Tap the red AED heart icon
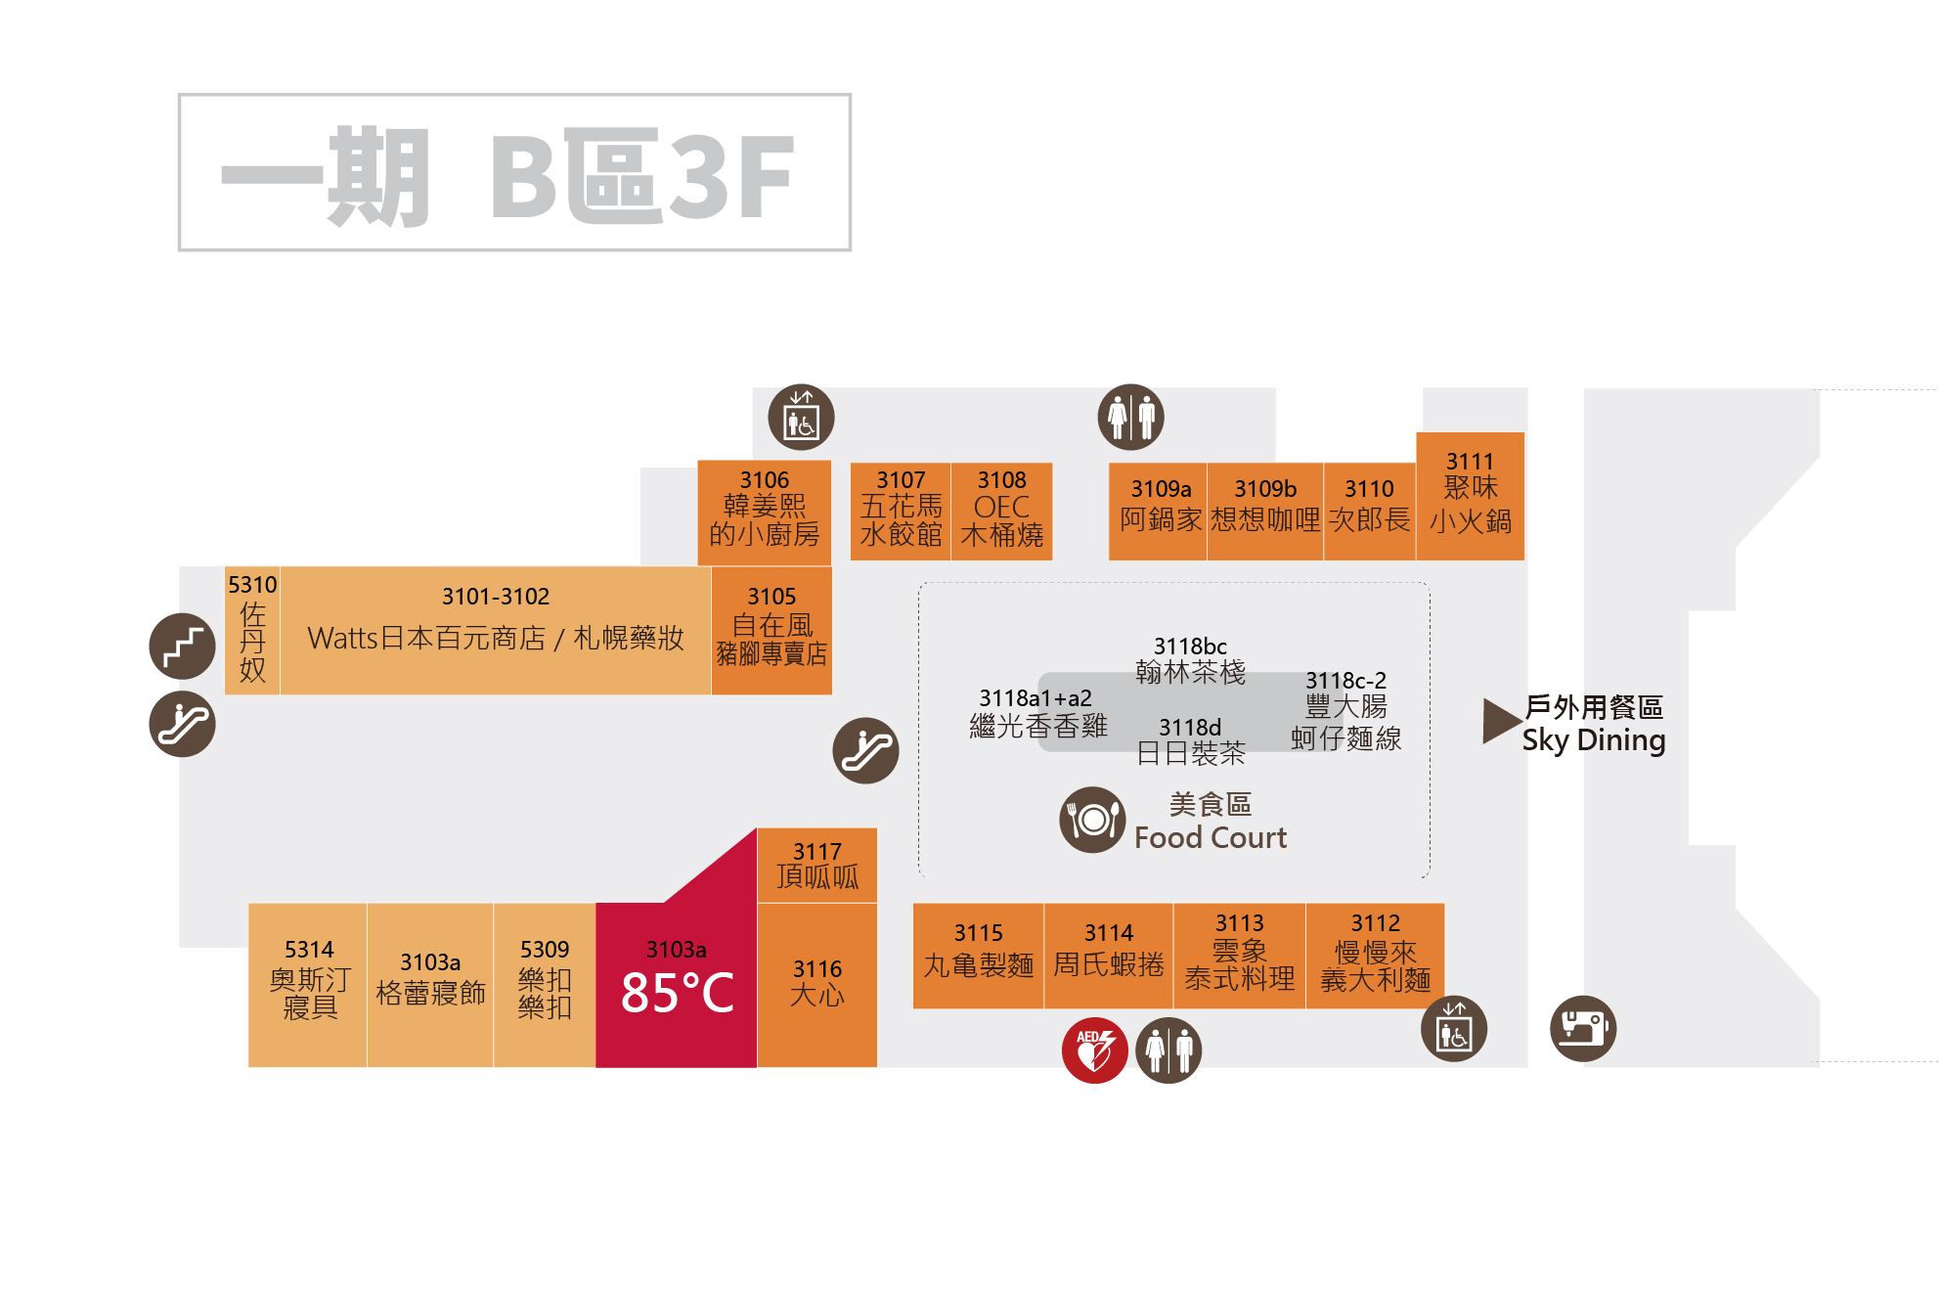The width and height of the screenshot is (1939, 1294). (x=1094, y=1050)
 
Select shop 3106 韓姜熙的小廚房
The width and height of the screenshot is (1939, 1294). (x=764, y=512)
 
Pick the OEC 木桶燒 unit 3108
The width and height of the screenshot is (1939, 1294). (x=1001, y=512)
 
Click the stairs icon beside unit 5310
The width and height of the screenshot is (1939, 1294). (x=182, y=646)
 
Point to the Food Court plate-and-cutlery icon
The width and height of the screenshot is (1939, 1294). (x=1092, y=820)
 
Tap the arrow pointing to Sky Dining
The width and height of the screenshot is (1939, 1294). (x=1501, y=721)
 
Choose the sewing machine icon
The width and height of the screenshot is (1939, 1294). (x=1582, y=1028)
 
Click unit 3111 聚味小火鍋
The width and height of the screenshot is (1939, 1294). (x=1470, y=496)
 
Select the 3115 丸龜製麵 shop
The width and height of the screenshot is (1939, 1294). (x=978, y=955)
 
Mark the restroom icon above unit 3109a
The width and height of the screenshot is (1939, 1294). (x=1130, y=417)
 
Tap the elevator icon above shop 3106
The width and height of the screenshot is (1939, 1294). (x=801, y=417)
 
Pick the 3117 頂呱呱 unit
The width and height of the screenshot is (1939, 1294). (x=816, y=866)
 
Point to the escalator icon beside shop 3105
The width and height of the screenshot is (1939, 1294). (x=865, y=750)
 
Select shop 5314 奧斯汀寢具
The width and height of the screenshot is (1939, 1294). (x=308, y=984)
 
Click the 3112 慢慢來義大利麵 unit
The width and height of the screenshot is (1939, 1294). (x=1375, y=955)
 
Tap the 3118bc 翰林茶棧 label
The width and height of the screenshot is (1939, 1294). (x=1190, y=661)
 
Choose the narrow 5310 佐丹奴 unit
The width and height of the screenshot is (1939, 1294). (x=252, y=630)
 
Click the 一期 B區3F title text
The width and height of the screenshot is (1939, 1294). (x=514, y=173)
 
